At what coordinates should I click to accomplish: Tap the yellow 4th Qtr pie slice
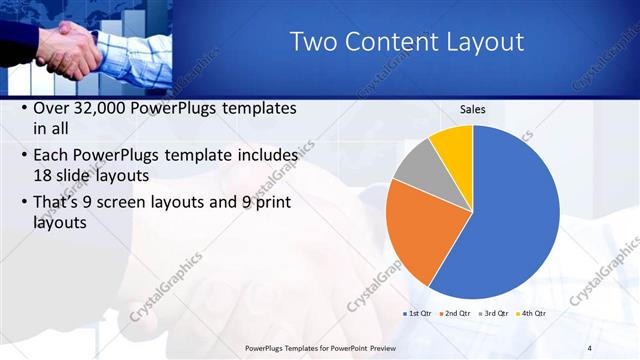tap(455, 146)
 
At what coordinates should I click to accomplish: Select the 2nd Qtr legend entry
tap(454, 313)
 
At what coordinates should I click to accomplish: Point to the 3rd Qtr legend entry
tap(493, 313)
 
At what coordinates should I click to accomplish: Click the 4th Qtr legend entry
tap(530, 313)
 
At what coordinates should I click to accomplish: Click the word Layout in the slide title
tap(479, 42)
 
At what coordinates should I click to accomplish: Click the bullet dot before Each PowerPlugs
tap(24, 156)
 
